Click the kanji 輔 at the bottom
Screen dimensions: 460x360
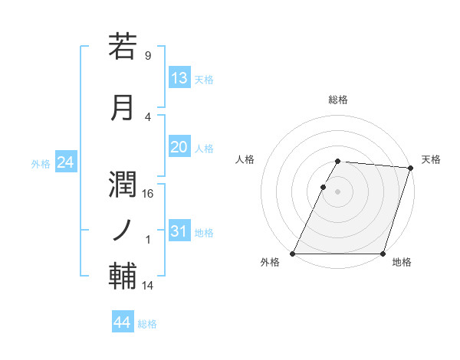123,275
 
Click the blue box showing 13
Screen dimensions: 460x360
179,78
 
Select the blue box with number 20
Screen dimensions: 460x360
179,147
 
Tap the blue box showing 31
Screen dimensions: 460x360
179,231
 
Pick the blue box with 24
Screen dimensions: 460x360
65,162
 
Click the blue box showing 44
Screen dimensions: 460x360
123,322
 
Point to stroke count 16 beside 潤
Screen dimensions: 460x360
148,194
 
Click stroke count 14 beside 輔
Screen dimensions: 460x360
148,286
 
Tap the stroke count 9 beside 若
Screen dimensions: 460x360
148,56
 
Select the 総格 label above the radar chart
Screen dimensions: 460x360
338,100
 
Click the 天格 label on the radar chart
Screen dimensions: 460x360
431,159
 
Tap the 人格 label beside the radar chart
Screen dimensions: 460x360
245,159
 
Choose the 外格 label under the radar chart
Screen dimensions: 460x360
270,263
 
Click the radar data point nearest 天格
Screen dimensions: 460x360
410,168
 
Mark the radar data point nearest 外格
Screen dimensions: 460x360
293,254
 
